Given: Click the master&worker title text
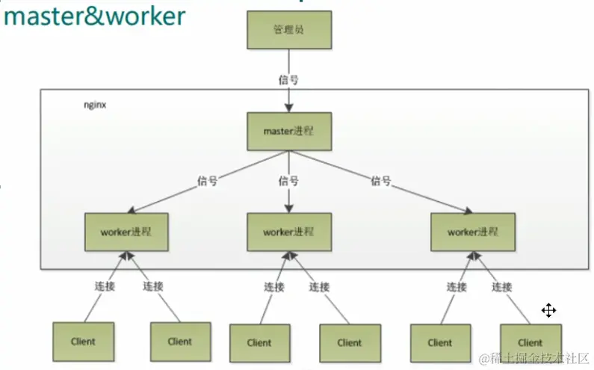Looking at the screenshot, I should (x=94, y=16).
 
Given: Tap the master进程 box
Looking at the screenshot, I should (x=288, y=131).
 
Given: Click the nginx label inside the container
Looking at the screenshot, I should (x=95, y=105).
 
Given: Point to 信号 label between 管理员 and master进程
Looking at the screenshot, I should (x=288, y=79).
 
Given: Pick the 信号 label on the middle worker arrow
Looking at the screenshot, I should (x=288, y=181).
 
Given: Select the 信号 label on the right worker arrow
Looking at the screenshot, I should (x=381, y=181).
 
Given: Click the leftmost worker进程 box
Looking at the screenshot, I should (x=126, y=232).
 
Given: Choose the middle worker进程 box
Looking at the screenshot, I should (x=288, y=232).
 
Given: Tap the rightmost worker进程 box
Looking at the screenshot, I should (x=472, y=232).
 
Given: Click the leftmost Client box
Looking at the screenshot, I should (x=84, y=342).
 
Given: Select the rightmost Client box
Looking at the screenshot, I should (x=530, y=342).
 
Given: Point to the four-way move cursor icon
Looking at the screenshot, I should (x=549, y=310).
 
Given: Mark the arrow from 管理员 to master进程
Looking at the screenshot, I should (x=288, y=96).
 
